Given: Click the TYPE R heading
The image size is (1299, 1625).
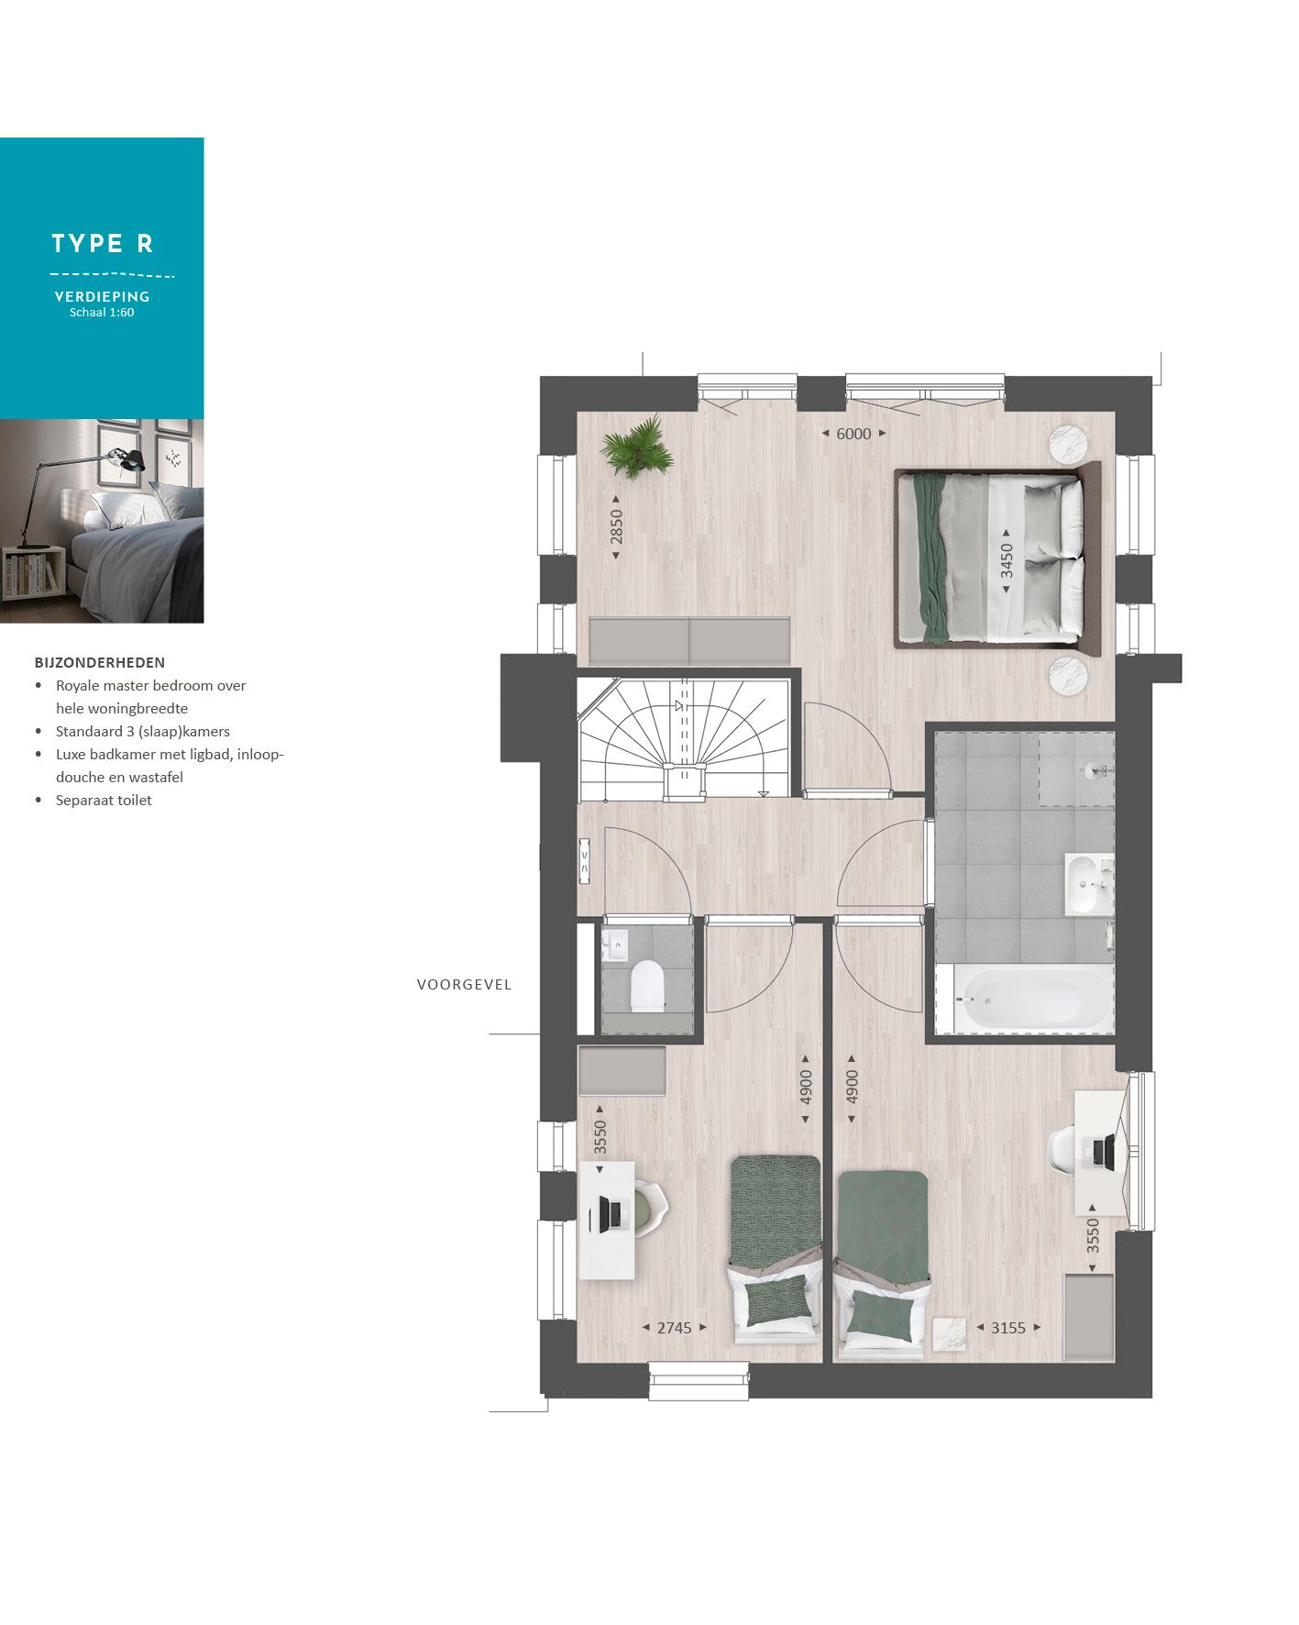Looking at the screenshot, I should tap(102, 244).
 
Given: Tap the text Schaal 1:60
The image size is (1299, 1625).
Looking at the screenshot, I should tap(102, 313).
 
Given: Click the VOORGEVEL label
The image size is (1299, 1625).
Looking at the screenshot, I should tap(464, 985).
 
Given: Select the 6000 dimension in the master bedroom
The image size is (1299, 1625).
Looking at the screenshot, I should tap(853, 434).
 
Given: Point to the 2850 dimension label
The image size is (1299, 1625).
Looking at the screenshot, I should tap(617, 527).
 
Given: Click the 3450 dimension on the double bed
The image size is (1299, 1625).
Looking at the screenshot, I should tap(1007, 559).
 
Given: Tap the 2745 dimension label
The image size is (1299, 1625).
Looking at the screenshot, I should tap(674, 1327).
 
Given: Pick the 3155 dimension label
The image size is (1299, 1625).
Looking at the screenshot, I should tap(1007, 1327).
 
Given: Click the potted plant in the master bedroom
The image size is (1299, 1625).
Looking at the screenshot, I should tap(634, 448).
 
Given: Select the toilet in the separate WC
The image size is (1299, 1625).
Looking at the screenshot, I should tap(647, 988).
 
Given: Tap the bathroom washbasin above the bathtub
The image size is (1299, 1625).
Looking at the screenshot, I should tap(1085, 884).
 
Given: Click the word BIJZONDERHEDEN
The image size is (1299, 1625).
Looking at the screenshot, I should tap(100, 662).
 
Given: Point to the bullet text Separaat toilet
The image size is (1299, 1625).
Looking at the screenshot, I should tap(104, 801).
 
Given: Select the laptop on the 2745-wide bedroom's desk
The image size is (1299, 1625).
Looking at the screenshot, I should tap(607, 1214).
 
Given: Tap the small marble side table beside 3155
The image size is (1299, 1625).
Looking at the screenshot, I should tap(949, 1332).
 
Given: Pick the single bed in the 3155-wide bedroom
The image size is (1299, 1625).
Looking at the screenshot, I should tap(882, 1261).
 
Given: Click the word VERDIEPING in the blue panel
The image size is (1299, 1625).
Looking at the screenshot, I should tap(102, 297).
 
